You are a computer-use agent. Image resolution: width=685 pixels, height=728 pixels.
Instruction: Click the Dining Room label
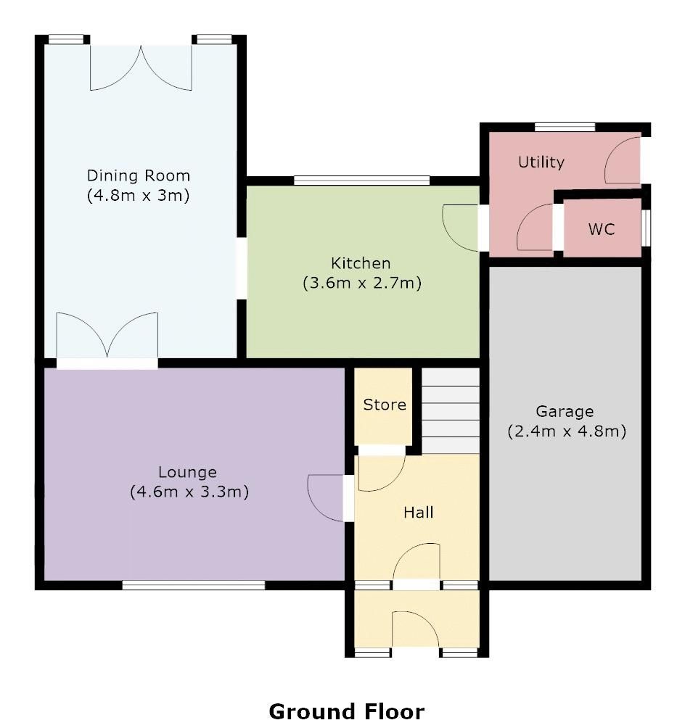139,175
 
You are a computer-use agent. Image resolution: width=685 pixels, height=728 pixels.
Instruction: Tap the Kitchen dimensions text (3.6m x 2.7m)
362,284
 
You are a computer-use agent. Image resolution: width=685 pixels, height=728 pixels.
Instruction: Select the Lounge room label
188,473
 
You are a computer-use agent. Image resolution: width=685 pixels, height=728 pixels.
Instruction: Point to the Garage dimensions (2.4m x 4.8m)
566,431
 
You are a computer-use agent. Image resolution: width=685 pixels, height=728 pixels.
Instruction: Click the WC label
602,229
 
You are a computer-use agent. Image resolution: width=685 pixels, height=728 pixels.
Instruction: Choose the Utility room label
541,162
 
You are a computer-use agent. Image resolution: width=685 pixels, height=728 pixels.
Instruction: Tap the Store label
385,405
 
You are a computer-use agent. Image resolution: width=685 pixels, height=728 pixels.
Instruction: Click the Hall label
419,513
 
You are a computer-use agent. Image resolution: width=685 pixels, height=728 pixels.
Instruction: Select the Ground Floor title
347,711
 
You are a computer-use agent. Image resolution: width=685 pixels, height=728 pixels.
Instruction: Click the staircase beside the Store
451,410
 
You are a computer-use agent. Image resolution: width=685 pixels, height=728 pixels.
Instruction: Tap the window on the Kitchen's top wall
362,179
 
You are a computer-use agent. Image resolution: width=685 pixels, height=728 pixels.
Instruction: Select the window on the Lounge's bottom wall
193,584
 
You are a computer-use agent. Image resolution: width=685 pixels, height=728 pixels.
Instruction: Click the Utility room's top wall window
565,127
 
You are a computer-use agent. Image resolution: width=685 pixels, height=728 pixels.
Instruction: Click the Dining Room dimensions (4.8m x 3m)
139,195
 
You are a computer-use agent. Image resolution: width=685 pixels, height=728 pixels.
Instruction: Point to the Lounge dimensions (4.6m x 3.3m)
189,492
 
